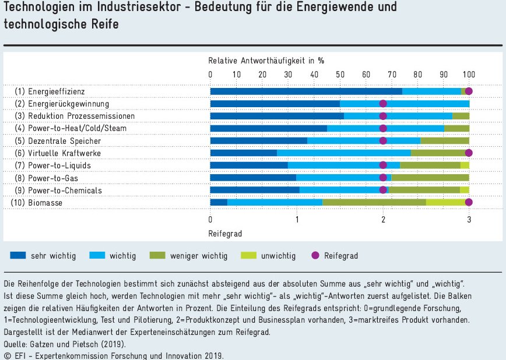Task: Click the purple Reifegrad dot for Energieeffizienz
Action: (x=469, y=91)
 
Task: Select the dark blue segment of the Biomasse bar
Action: (x=219, y=202)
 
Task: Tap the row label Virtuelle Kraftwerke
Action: (x=64, y=153)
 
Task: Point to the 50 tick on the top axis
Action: (x=340, y=74)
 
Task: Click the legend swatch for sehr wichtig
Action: (x=17, y=255)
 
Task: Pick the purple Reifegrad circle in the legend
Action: (x=315, y=255)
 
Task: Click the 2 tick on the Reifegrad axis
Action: (x=383, y=219)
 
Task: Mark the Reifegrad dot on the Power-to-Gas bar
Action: (x=383, y=178)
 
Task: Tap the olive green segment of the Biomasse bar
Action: (x=374, y=202)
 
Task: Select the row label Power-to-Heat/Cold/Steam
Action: (x=77, y=128)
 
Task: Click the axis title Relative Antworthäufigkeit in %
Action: (x=266, y=60)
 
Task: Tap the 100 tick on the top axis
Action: (x=469, y=74)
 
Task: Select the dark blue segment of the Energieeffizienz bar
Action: (x=306, y=91)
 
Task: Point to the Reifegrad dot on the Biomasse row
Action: (x=469, y=202)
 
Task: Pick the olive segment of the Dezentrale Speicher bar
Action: (x=445, y=140)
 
